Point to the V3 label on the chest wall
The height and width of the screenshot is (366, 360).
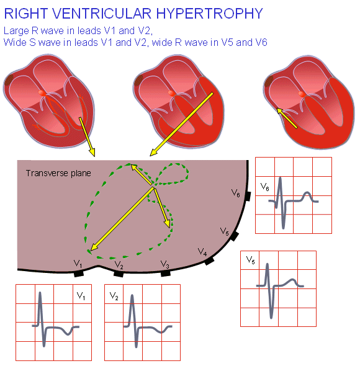coord(165,264)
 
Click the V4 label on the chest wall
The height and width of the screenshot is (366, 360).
coord(202,252)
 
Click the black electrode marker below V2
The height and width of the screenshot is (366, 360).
coord(119,273)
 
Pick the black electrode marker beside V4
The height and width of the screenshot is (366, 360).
coord(209,261)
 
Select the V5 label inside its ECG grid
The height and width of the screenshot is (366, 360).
coord(251,260)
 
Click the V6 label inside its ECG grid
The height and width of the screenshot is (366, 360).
coord(264,186)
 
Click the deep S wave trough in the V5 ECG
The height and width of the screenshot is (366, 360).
coord(271,316)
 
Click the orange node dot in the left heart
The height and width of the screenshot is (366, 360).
coord(42,92)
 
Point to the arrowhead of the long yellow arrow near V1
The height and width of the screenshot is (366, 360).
coord(91,250)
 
